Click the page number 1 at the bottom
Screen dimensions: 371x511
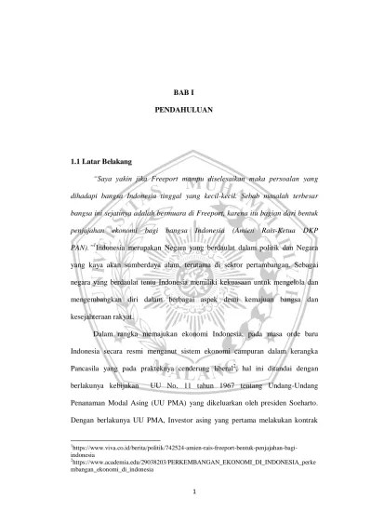pos(184,491)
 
